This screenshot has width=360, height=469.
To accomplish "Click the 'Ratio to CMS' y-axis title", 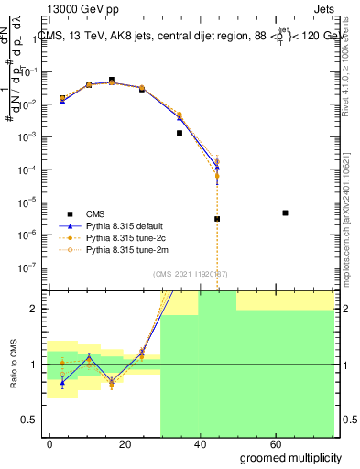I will click(13, 365).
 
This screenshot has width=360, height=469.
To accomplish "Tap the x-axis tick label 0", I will click(49, 443).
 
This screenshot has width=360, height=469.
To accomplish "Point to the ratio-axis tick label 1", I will click(32, 365).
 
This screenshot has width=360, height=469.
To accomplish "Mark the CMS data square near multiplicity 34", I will click(180, 133).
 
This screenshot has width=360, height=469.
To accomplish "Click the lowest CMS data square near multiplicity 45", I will click(217, 219).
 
